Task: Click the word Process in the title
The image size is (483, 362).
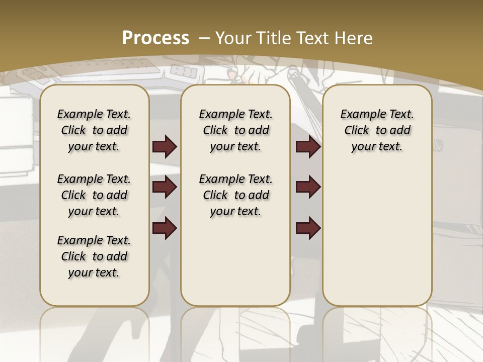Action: point(155,38)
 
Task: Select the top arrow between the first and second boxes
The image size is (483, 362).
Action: point(165,147)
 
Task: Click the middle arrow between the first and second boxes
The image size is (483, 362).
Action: point(165,188)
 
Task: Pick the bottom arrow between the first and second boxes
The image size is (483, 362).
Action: point(165,228)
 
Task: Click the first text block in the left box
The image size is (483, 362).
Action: point(94,130)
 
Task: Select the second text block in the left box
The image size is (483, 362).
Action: point(94,195)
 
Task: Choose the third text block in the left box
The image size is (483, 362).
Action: point(94,256)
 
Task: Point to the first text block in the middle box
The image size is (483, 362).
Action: point(235,130)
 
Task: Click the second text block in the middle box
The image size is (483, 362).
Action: point(235,195)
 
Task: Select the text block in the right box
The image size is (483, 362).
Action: point(377,130)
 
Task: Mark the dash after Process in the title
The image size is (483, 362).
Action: point(204,38)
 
